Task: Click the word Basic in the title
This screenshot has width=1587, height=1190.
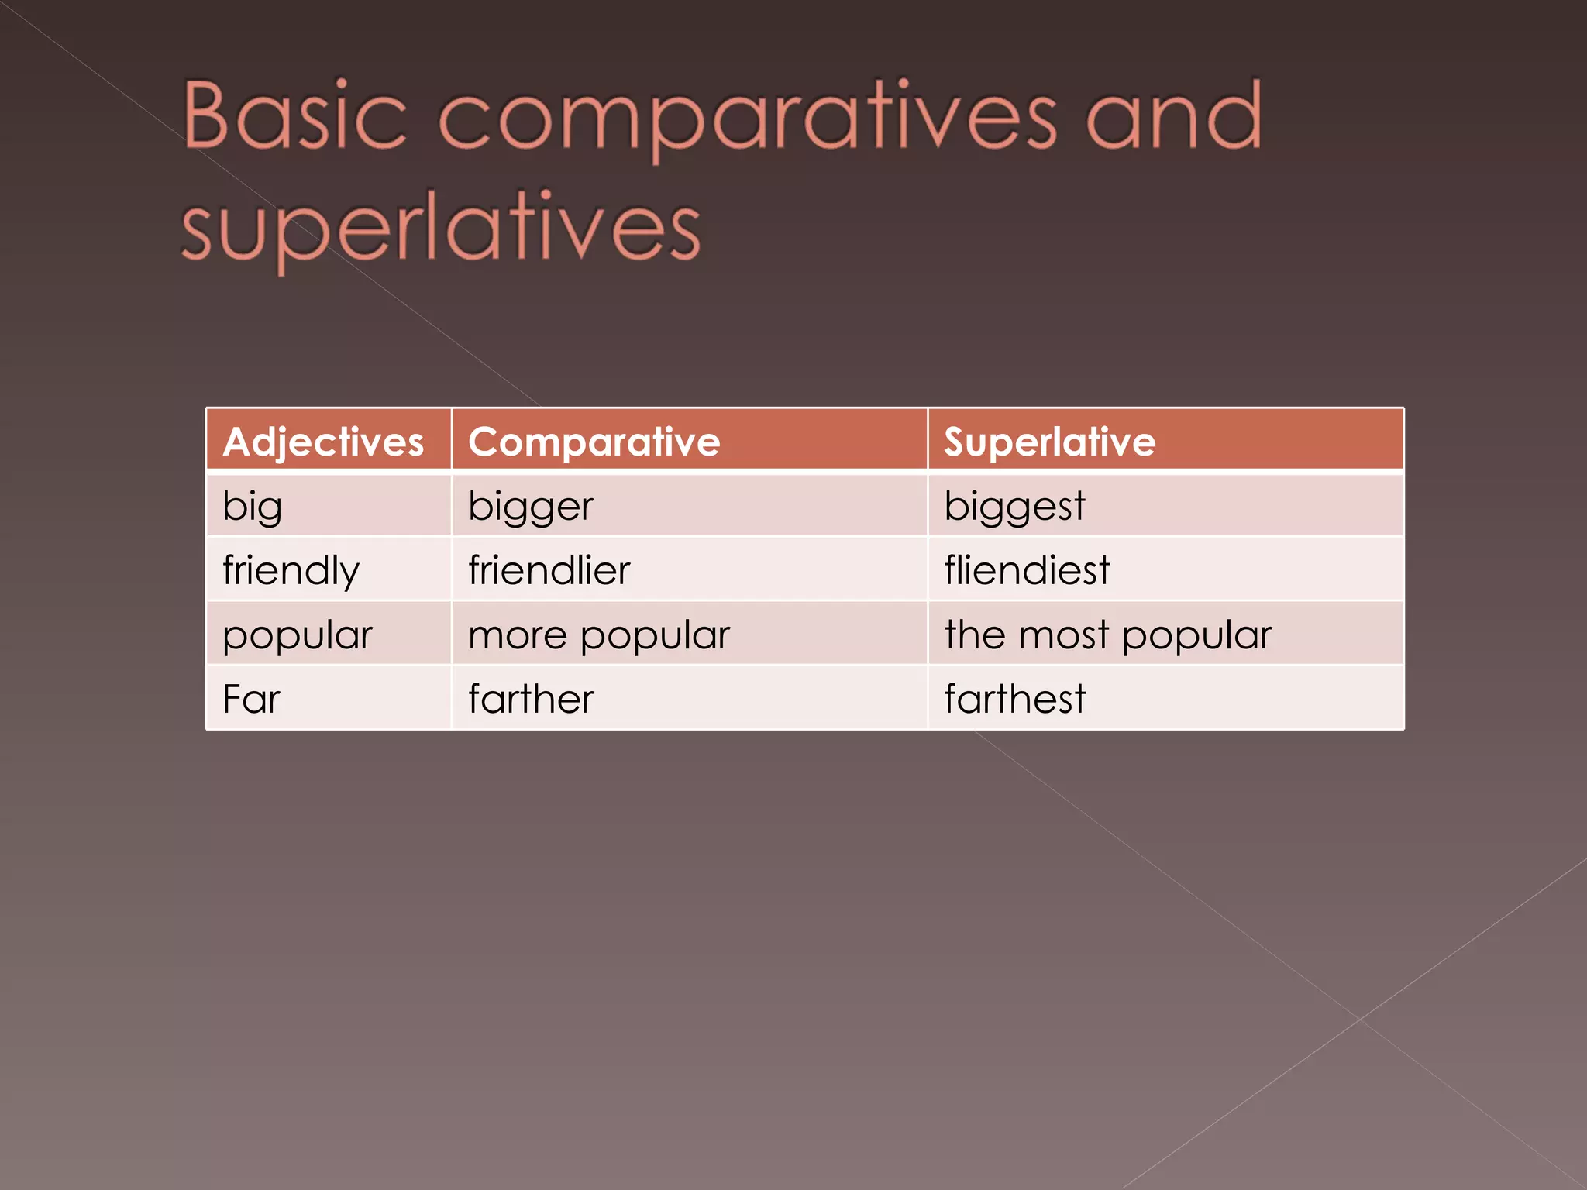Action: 294,116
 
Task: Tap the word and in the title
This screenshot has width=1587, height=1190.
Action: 1174,116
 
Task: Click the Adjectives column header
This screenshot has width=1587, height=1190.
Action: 323,442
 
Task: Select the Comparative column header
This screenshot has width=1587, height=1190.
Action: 594,442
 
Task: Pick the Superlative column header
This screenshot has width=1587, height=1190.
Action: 1049,442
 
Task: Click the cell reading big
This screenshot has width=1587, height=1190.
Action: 252,507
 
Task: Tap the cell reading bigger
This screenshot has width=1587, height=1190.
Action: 531,507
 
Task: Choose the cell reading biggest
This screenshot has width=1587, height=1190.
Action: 1014,507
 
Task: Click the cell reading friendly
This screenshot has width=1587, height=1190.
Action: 291,571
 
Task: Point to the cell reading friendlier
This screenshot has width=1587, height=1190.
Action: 549,571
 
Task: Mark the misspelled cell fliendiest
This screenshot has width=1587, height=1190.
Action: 1027,571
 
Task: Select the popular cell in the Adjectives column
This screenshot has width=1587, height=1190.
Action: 298,635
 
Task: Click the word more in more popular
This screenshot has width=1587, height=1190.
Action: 518,635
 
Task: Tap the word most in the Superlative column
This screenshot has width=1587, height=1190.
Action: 1063,635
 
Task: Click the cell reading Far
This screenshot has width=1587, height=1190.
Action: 251,699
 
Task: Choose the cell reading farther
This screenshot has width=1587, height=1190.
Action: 531,699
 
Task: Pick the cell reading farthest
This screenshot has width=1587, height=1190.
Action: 1014,699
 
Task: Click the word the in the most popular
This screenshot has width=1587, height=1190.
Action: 975,635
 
